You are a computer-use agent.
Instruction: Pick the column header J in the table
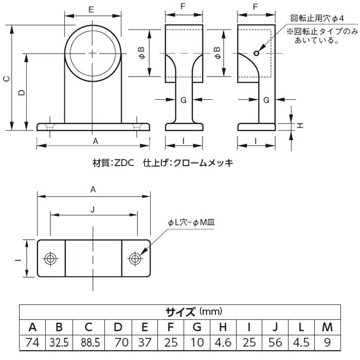(275, 327)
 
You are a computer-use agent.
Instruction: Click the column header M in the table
(327, 327)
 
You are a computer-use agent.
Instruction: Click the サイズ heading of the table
(180, 312)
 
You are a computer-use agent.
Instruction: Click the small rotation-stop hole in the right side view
(256, 52)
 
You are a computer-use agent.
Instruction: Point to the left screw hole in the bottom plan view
(50, 258)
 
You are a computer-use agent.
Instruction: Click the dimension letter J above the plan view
(93, 209)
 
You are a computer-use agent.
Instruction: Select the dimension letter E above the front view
(92, 9)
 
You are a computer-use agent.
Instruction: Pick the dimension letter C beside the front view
(6, 78)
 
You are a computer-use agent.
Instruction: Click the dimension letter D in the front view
(21, 93)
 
